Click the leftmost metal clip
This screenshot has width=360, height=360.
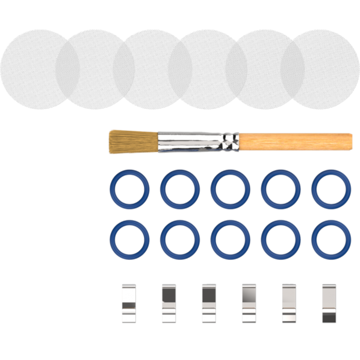coord(128,303)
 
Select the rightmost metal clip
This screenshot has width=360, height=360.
coord(328,303)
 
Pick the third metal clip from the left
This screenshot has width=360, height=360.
coord(209,303)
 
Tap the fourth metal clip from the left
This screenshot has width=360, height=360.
coord(248,303)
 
